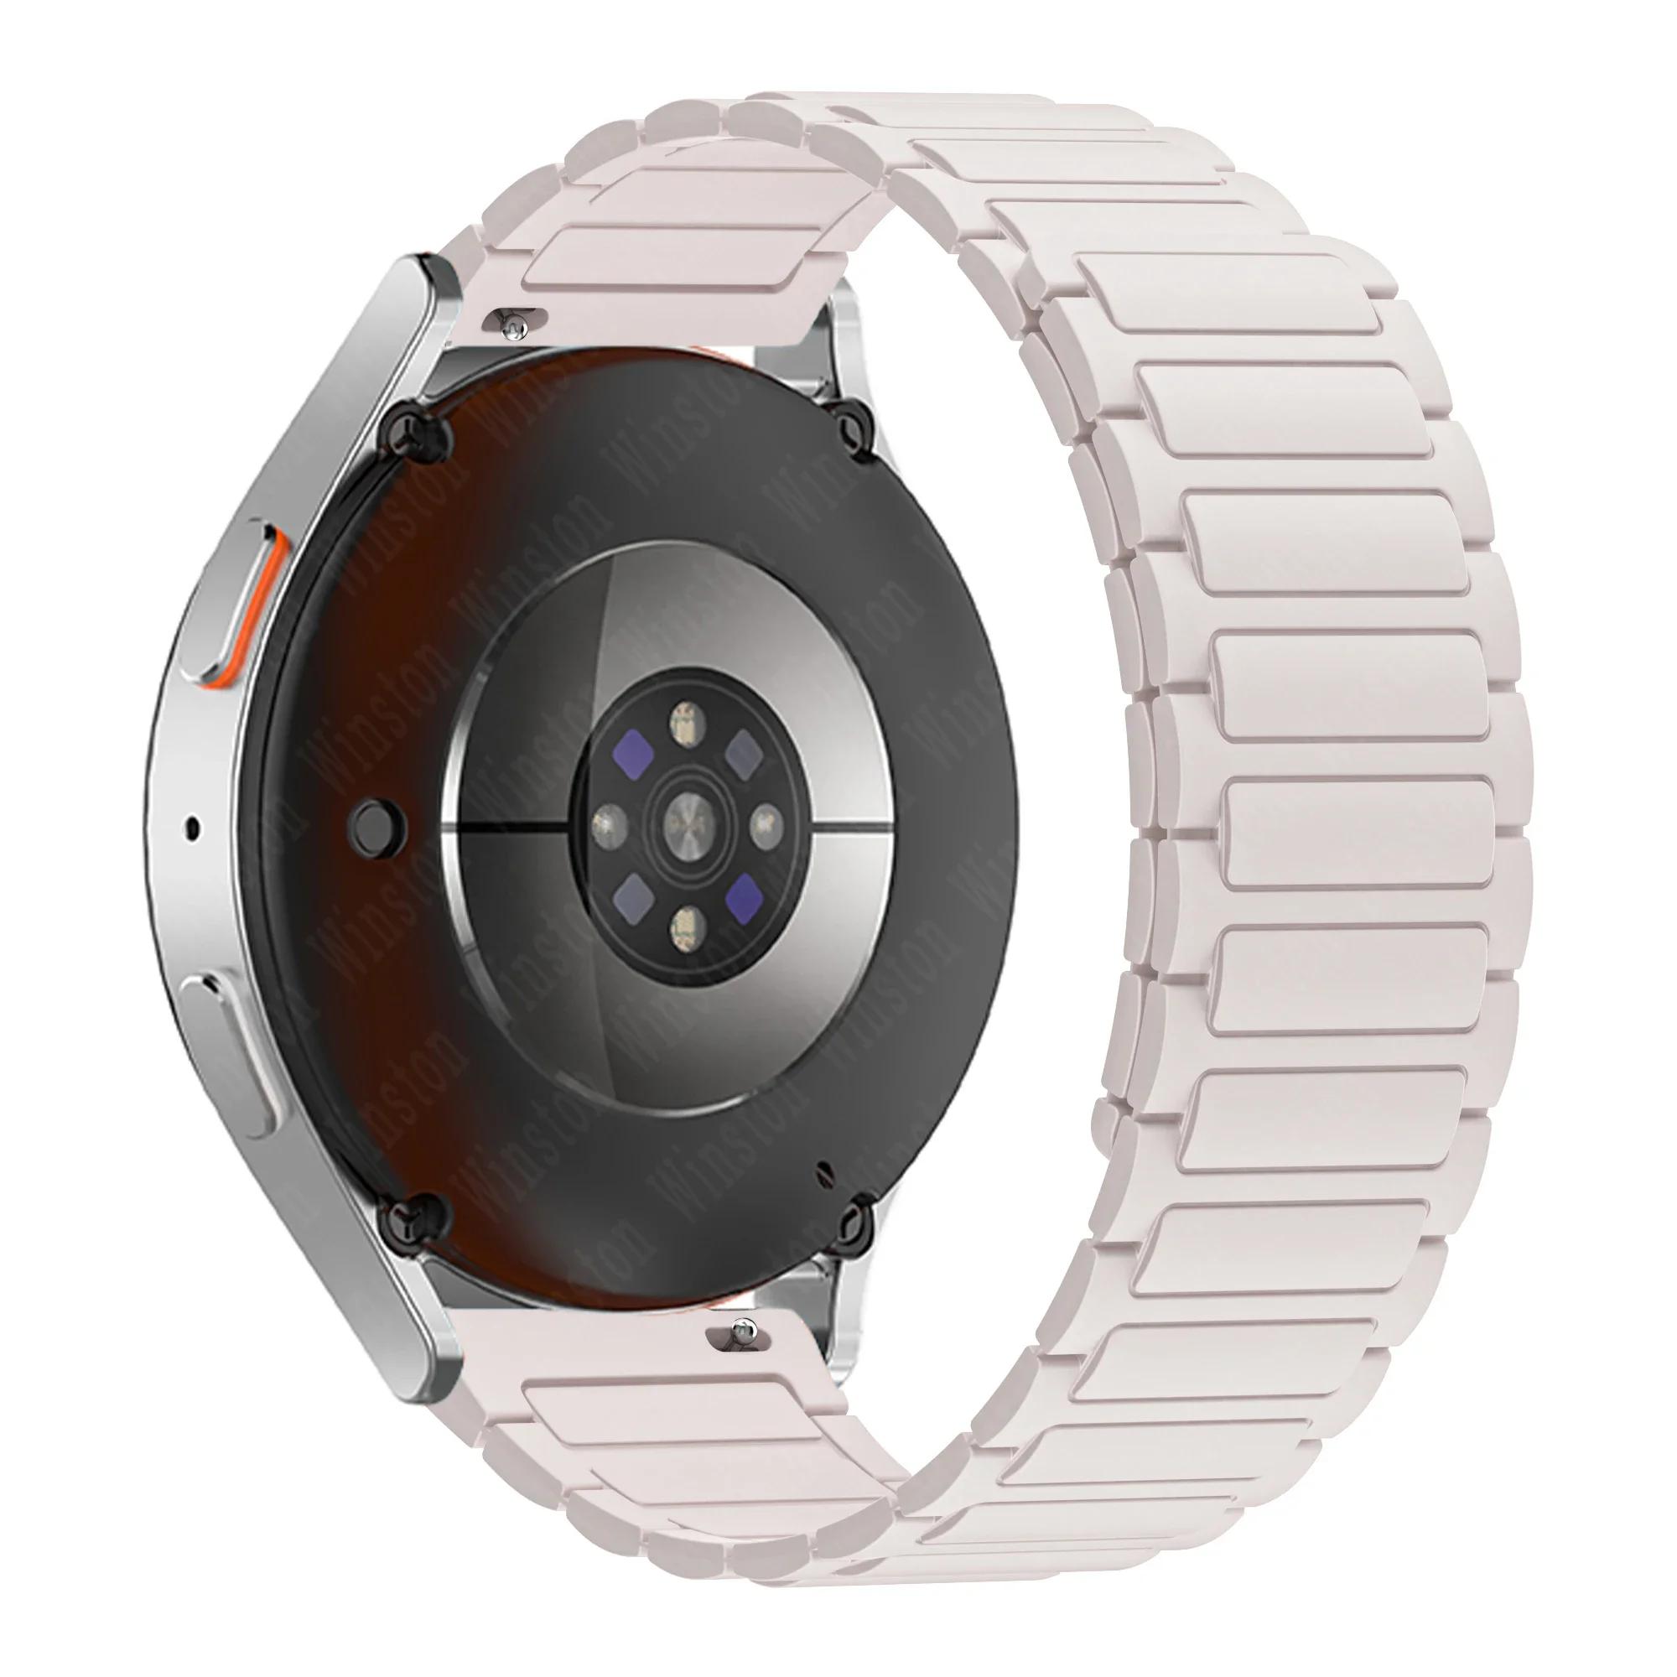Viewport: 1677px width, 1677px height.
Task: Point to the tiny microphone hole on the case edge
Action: coord(191,828)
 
